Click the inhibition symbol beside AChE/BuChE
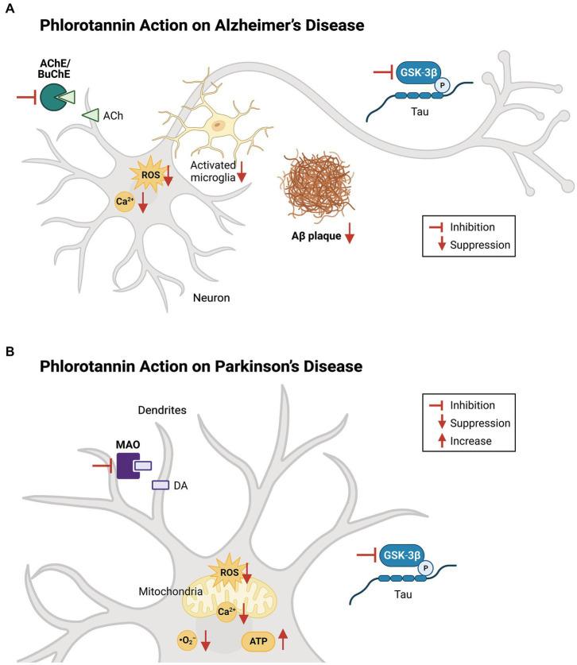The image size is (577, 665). (x=27, y=98)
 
